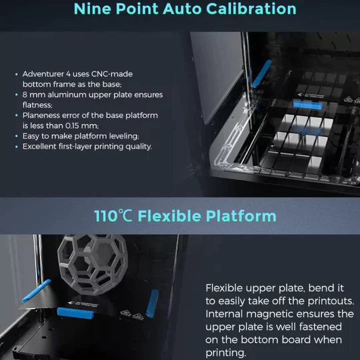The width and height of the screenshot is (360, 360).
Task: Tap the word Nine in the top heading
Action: coord(93,9)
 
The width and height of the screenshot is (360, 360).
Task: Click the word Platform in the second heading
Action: coord(237,216)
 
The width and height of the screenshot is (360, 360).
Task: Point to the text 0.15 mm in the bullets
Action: coord(79,125)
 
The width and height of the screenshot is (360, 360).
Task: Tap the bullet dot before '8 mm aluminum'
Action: coord(17,95)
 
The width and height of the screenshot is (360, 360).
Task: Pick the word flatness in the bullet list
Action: coord(39,105)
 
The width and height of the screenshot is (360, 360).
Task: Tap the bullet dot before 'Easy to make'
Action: coord(17,136)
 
